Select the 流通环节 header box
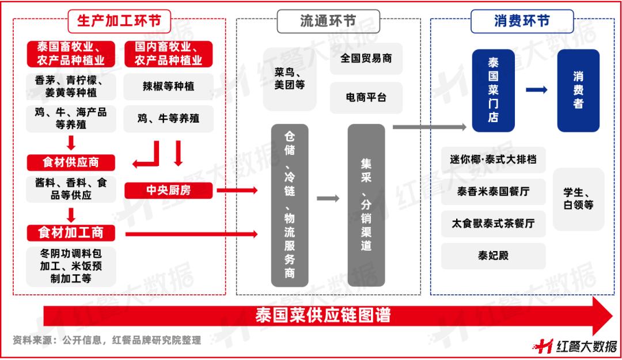pyautogui.click(x=328, y=21)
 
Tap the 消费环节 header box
pyautogui.click(x=521, y=21)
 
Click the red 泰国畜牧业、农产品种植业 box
pyautogui.click(x=70, y=54)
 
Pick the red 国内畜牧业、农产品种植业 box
pyautogui.click(x=169, y=54)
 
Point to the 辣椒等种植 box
pyautogui.click(x=169, y=86)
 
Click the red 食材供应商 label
pyautogui.click(x=70, y=162)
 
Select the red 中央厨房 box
pyautogui.click(x=169, y=190)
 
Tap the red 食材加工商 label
pyautogui.click(x=70, y=233)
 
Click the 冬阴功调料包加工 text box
pyautogui.click(x=70, y=266)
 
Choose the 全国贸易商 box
pyautogui.click(x=366, y=58)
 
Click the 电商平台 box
pyautogui.click(x=366, y=97)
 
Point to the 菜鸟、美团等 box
pyautogui.click(x=290, y=79)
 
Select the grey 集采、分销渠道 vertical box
pyautogui.click(x=366, y=205)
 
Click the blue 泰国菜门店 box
pyautogui.click(x=493, y=90)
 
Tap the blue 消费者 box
pyautogui.click(x=578, y=90)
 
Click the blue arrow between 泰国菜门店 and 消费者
pyautogui.click(x=536, y=89)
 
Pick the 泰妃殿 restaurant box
pyautogui.click(x=493, y=256)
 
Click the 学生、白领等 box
pyautogui.click(x=578, y=199)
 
